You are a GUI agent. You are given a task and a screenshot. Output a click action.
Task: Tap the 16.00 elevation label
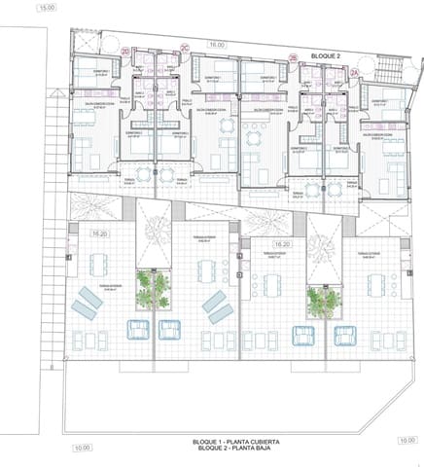click(x=216, y=45)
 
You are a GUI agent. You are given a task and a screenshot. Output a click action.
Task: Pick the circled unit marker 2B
click(x=294, y=59)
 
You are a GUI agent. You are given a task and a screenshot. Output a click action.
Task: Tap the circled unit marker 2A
click(x=355, y=72)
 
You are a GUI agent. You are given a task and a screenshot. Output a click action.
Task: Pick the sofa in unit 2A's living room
click(x=396, y=172)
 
